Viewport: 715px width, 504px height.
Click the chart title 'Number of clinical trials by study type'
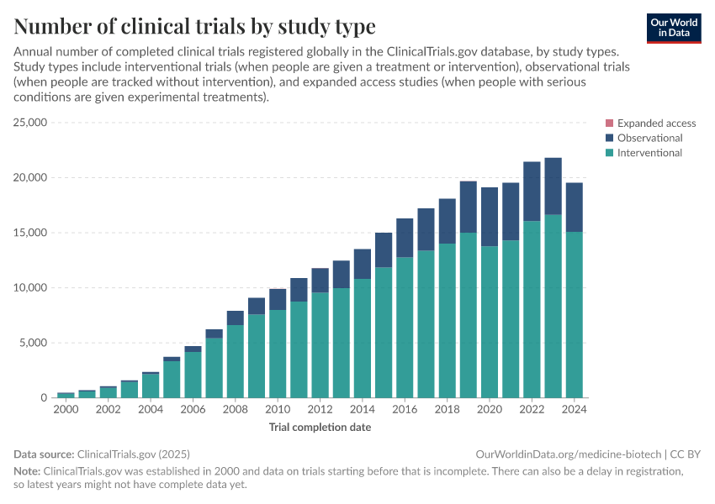pyautogui.click(x=194, y=26)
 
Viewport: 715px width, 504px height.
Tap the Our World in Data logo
pyautogui.click(x=674, y=28)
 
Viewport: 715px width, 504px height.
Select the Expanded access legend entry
pyautogui.click(x=656, y=123)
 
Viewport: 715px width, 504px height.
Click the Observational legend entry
pyautogui.click(x=649, y=138)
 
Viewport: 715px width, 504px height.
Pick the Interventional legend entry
pyautogui.click(x=649, y=153)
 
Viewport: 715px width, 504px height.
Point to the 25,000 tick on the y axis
pyautogui.click(x=30, y=123)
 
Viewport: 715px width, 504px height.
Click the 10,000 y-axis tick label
pyautogui.click(x=30, y=287)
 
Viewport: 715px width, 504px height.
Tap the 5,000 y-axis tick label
pyautogui.click(x=34, y=343)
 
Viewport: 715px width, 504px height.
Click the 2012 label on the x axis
pyautogui.click(x=320, y=410)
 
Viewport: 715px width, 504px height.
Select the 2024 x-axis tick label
pyautogui.click(x=574, y=410)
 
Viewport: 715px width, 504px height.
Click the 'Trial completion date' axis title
pyautogui.click(x=320, y=427)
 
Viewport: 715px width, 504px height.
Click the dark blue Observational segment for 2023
pyautogui.click(x=553, y=186)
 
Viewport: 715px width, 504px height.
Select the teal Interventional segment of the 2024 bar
pyautogui.click(x=574, y=315)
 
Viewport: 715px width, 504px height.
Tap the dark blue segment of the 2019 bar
pyautogui.click(x=468, y=207)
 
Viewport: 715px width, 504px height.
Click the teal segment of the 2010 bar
pyautogui.click(x=278, y=353)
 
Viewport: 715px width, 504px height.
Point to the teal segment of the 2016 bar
pyautogui.click(x=405, y=328)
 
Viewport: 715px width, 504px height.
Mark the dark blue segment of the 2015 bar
pyautogui.click(x=384, y=250)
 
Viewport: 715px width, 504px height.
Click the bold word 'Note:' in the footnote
pyautogui.click(x=26, y=471)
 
